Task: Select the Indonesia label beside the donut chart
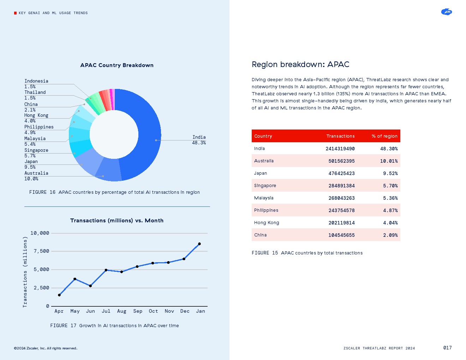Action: [36, 81]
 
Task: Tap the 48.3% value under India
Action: [199, 143]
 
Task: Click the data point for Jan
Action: [199, 244]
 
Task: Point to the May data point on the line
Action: [75, 279]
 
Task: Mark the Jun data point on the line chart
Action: [90, 286]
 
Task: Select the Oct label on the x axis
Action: [153, 311]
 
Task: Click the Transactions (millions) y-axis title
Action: [25, 272]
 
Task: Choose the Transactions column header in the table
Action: [340, 136]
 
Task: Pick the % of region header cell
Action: [384, 136]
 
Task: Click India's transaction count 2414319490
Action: [340, 149]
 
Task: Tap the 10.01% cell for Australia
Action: [389, 161]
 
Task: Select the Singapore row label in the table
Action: [265, 186]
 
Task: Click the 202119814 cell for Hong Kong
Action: [341, 223]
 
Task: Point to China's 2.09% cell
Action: [390, 235]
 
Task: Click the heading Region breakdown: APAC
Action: [300, 65]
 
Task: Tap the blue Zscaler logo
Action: [447, 12]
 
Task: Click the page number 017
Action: [447, 348]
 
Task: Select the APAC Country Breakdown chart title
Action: [117, 65]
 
